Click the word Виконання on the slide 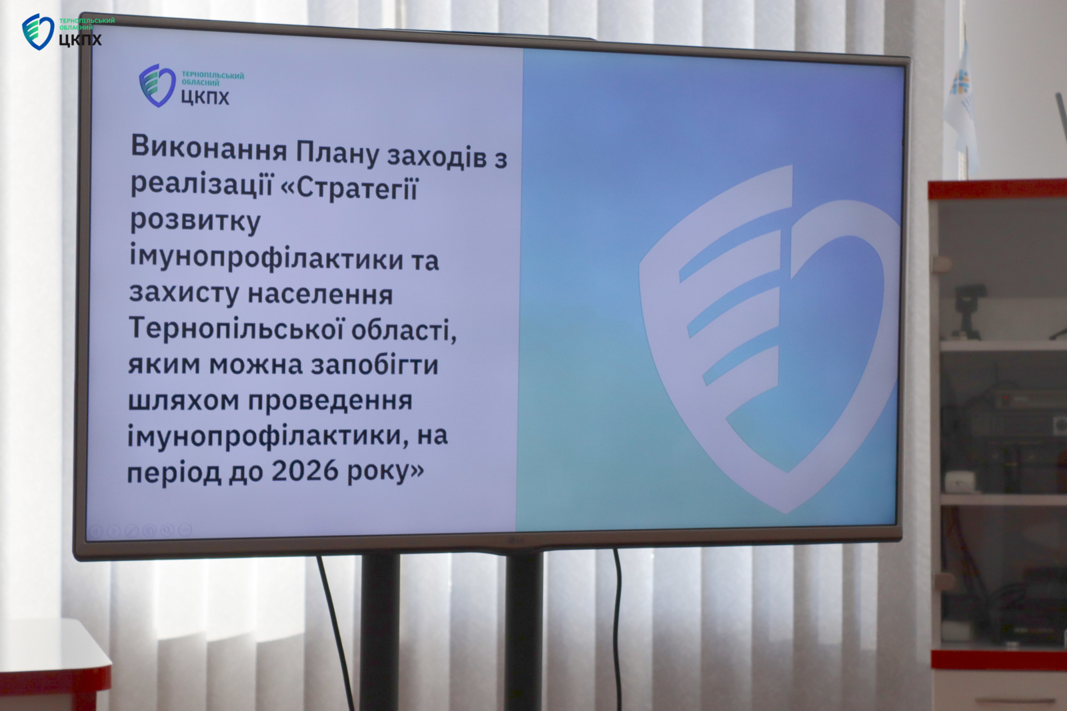point(209,148)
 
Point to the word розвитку point(196,221)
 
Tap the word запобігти point(374,365)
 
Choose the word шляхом point(183,400)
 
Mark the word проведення point(329,402)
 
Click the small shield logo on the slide point(157,85)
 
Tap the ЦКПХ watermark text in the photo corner point(80,39)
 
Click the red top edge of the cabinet point(997,189)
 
